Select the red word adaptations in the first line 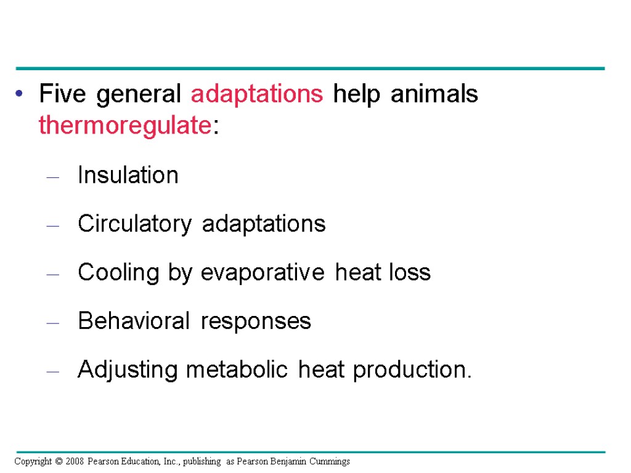[x=257, y=95]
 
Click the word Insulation [x=128, y=175]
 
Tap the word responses [x=256, y=321]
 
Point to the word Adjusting [x=128, y=370]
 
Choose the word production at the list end [x=411, y=370]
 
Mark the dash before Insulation [x=53, y=177]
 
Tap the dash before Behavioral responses [x=53, y=323]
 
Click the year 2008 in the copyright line [x=74, y=461]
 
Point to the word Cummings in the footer [x=330, y=461]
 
